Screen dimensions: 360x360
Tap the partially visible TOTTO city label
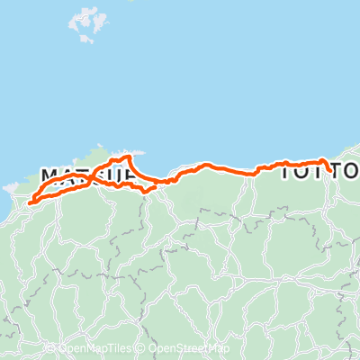320,171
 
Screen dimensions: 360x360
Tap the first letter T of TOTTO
289,171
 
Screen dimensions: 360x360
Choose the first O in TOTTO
304,171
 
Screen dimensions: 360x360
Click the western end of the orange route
30,202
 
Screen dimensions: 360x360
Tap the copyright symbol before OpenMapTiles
54,348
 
